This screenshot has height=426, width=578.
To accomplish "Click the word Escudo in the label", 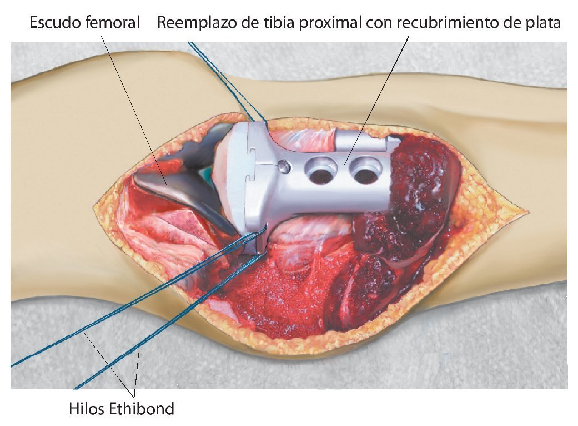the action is (x=55, y=23).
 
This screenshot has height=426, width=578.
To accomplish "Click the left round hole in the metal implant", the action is (x=320, y=175).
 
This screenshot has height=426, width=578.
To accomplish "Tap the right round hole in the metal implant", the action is (x=365, y=175).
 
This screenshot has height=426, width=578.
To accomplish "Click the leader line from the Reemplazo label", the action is (x=383, y=89).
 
